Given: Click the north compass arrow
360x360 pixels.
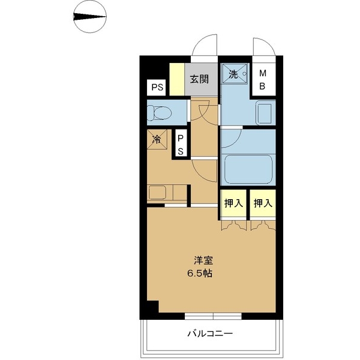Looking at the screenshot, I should click(x=89, y=16).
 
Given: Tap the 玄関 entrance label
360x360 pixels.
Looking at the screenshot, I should click(x=200, y=78).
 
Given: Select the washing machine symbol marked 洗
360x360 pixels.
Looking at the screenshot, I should click(x=235, y=75).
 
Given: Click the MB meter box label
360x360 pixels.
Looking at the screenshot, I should click(x=262, y=79).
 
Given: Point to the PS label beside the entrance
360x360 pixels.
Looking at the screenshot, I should click(x=157, y=87).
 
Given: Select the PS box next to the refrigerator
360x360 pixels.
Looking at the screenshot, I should click(x=180, y=144).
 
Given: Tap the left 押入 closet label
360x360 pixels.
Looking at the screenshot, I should click(x=233, y=203).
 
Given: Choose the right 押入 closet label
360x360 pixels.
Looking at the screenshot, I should click(x=262, y=203).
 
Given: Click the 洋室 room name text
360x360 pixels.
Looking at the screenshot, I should click(x=202, y=261).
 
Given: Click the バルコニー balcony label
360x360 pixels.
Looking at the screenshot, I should click(x=209, y=334).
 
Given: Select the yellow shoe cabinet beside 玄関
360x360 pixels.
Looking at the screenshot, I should click(x=176, y=78).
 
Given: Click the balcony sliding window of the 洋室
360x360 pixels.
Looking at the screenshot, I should click(x=212, y=316).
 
